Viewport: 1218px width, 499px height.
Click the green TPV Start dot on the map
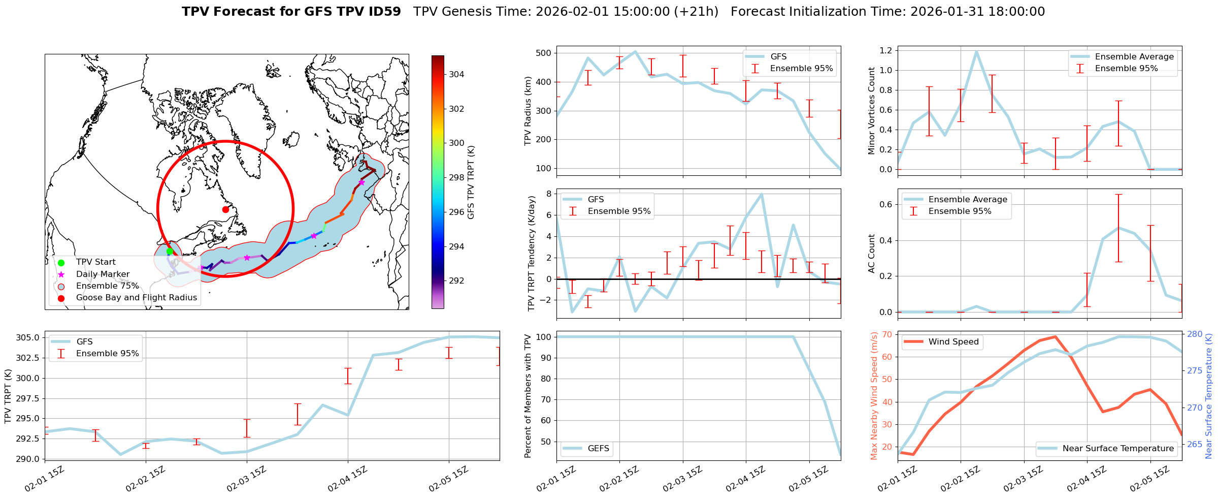pos(170,251)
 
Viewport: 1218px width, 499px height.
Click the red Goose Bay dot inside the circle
pos(225,209)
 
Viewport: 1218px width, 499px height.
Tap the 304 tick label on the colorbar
pos(456,74)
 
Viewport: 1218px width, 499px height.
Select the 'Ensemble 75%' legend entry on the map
pos(107,286)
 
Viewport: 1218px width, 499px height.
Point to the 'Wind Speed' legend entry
pos(953,341)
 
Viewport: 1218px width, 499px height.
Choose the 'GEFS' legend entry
pos(598,448)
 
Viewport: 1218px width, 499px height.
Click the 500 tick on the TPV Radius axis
pos(543,53)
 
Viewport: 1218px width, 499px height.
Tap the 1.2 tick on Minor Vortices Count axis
pos(885,50)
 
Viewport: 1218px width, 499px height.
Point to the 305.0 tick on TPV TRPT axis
pos(28,337)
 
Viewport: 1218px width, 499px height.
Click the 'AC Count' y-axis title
pos(872,254)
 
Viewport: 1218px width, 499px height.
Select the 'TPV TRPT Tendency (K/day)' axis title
pos(532,254)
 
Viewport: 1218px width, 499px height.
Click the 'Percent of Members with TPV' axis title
pos(528,396)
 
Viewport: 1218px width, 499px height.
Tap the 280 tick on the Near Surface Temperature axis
pos(1194,334)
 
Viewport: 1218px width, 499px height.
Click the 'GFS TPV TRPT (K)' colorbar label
pos(471,182)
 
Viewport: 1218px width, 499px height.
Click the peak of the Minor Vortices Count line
pos(976,51)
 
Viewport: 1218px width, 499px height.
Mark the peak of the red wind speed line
pos(1055,336)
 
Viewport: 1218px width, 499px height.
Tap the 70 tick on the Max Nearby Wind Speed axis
pos(887,334)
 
